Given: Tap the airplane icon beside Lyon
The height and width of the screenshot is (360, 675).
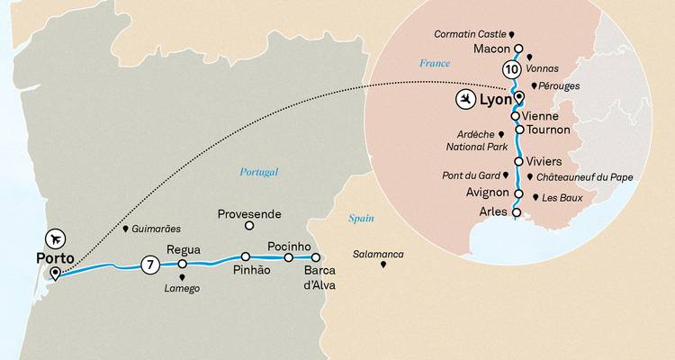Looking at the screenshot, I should [466, 98].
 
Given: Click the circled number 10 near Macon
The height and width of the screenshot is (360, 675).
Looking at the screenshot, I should [511, 69].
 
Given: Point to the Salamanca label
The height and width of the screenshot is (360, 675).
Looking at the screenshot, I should [378, 255].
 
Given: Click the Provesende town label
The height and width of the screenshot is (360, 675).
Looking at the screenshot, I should [251, 214].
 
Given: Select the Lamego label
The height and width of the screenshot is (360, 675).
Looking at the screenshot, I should [182, 288].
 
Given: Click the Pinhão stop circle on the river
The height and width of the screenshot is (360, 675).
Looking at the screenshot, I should [245, 257].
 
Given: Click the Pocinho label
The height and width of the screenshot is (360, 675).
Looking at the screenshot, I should [289, 245].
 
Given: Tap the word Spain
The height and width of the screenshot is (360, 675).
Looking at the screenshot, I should [362, 219].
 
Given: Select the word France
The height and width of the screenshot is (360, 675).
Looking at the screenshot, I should [434, 63].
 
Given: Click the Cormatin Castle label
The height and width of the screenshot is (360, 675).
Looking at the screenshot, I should [472, 34].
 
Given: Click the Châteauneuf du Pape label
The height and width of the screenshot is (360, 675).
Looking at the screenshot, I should [586, 177].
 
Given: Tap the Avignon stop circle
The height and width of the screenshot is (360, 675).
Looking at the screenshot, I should [517, 193].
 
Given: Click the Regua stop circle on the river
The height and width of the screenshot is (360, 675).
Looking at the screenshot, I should [182, 265].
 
